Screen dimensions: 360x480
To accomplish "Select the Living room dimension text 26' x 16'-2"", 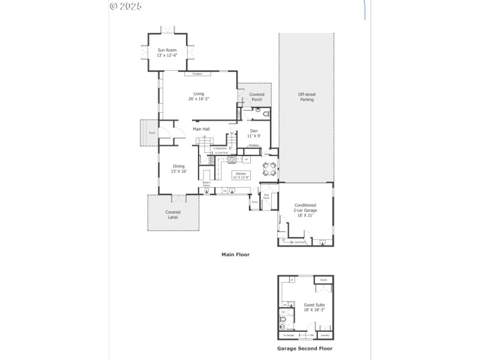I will (199, 98).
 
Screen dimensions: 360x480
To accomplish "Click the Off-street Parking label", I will (307, 97).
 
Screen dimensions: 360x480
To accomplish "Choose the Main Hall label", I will (201, 129).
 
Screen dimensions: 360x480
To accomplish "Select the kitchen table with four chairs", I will (269, 169).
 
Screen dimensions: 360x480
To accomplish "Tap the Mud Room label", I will (266, 196).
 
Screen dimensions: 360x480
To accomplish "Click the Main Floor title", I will (235, 254).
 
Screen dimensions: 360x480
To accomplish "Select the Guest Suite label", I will (314, 307).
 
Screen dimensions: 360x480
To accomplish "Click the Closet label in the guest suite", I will (323, 280).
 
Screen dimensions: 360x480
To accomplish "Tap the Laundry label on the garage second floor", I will (325, 335).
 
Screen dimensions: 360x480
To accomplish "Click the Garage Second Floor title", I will (304, 348).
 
